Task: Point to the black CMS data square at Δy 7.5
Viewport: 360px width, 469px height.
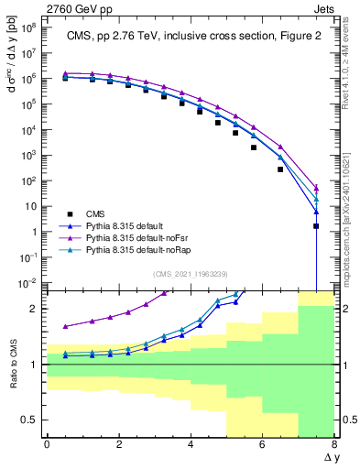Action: pyautogui.click(x=316, y=226)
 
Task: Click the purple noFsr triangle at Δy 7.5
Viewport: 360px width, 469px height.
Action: pyautogui.click(x=316, y=188)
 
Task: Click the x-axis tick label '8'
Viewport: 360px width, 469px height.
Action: pyautogui.click(x=334, y=444)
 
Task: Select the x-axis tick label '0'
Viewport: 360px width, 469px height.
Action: pyautogui.click(x=47, y=444)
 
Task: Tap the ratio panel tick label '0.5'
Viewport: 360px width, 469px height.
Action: pyautogui.click(x=29, y=420)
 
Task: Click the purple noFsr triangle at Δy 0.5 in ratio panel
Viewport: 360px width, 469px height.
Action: pyautogui.click(x=65, y=326)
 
